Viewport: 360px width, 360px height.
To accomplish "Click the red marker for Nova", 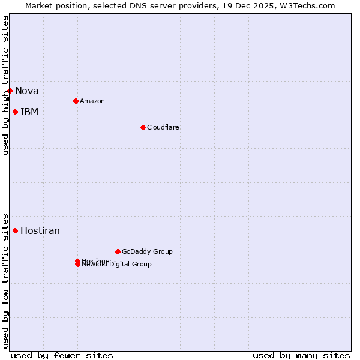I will pyautogui.click(x=10, y=91).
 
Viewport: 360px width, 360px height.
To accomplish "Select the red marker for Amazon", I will pyautogui.click(x=76, y=101).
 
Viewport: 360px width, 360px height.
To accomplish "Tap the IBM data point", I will pyautogui.click(x=15, y=112).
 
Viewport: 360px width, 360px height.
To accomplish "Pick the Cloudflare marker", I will pyautogui.click(x=143, y=127).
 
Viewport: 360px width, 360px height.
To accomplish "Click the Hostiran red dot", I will pyautogui.click(x=15, y=230).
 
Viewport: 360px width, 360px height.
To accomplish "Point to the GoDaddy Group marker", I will pyautogui.click(x=118, y=251).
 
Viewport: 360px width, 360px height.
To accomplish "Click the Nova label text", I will pyautogui.click(x=27, y=91).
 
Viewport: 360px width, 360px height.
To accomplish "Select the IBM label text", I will pyautogui.click(x=29, y=112).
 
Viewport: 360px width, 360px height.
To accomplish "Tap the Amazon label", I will pyautogui.click(x=92, y=101).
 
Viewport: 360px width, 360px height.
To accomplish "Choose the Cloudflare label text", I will pyautogui.click(x=163, y=127).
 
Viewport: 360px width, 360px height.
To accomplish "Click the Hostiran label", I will pyautogui.click(x=40, y=231).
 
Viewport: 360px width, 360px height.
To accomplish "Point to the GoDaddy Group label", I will pyautogui.click(x=147, y=251).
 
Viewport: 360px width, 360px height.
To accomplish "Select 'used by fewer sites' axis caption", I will pyautogui.click(x=62, y=355).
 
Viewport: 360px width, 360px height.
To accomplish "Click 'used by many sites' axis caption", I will pyautogui.click(x=301, y=355).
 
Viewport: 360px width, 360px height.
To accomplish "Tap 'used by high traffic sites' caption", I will pyautogui.click(x=5, y=85).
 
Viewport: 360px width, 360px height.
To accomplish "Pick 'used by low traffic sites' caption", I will pyautogui.click(x=5, y=281).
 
